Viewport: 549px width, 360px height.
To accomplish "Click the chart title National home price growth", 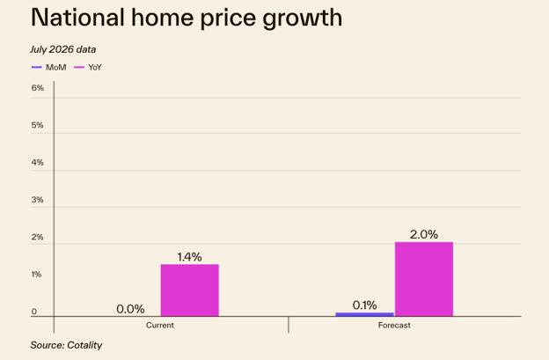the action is pos(187,18).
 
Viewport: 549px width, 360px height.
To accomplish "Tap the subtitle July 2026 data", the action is pos(63,49).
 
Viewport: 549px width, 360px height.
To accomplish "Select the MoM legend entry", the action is pos(48,67).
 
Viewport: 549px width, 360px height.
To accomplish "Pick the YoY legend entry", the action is pos(88,67).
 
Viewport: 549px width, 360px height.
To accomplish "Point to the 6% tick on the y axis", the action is pos(38,88).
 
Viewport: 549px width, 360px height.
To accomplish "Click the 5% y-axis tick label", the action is pos(38,125).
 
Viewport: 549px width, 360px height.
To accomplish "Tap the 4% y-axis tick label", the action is pos(38,163).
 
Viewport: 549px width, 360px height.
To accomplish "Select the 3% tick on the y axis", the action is pos(38,200).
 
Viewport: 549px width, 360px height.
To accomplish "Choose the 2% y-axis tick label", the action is pos(38,237).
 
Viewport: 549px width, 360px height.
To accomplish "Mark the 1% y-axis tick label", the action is pos(37,275).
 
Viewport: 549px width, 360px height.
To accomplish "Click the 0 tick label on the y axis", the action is pos(34,312).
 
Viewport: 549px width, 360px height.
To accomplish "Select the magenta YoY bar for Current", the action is pos(190,290).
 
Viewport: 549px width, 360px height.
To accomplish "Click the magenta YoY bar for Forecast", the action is pos(424,279).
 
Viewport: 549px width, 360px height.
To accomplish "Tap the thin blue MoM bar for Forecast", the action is pos(365,314).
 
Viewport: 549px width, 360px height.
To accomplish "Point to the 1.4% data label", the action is pos(189,257).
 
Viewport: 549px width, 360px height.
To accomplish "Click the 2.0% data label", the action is pos(424,234).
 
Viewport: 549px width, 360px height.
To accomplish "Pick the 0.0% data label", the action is pos(130,309).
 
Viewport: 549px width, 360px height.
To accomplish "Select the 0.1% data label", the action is pos(365,305).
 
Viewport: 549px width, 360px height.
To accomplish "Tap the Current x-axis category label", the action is pos(160,325).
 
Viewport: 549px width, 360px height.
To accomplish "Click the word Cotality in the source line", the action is pos(84,345).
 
